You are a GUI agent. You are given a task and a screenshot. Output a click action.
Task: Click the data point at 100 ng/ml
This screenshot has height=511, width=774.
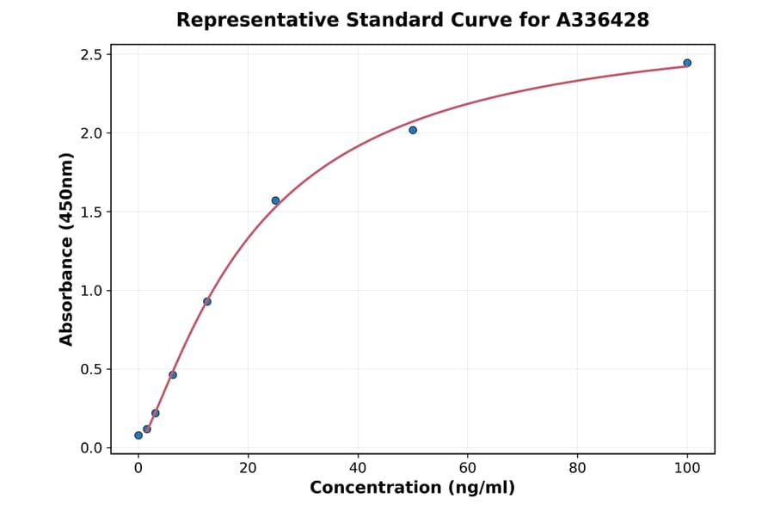pyautogui.click(x=687, y=63)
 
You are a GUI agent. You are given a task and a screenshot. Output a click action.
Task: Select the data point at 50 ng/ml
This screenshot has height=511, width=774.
pyautogui.click(x=413, y=130)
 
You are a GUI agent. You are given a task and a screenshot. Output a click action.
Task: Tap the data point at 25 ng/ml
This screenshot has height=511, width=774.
pyautogui.click(x=275, y=200)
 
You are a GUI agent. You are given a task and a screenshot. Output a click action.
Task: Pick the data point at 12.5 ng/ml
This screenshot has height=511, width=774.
pyautogui.click(x=207, y=301)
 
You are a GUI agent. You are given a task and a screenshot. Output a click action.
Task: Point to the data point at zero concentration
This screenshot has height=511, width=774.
pyautogui.click(x=138, y=435)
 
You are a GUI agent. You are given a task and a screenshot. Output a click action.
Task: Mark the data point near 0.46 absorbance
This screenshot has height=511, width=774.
pyautogui.click(x=173, y=375)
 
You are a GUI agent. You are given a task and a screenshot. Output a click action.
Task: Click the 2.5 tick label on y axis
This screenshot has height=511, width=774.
pyautogui.click(x=91, y=55)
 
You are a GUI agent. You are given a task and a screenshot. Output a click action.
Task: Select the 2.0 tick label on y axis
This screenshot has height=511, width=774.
pyautogui.click(x=91, y=133)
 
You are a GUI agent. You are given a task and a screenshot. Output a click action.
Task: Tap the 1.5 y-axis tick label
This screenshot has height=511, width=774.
pyautogui.click(x=91, y=212)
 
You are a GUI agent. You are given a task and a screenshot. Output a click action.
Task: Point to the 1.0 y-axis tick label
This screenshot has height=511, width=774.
pyautogui.click(x=91, y=291)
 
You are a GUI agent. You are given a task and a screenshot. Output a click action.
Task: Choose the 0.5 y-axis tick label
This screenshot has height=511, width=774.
pyautogui.click(x=91, y=370)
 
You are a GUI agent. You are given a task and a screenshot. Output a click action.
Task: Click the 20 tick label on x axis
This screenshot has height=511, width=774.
pyautogui.click(x=248, y=468)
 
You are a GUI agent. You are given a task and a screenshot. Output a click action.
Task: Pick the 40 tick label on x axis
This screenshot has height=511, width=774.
pyautogui.click(x=358, y=468)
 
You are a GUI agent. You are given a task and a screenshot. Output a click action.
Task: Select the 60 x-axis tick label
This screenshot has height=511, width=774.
pyautogui.click(x=468, y=468)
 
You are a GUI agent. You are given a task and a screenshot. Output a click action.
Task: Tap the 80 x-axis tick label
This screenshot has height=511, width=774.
pyautogui.click(x=578, y=468)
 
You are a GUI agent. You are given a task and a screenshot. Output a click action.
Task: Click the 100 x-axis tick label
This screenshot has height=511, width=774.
pyautogui.click(x=687, y=468)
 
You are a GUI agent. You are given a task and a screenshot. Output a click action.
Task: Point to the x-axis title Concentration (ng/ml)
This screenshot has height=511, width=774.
pyautogui.click(x=413, y=489)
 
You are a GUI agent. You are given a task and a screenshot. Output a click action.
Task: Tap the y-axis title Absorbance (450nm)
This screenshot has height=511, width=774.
pyautogui.click(x=67, y=249)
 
